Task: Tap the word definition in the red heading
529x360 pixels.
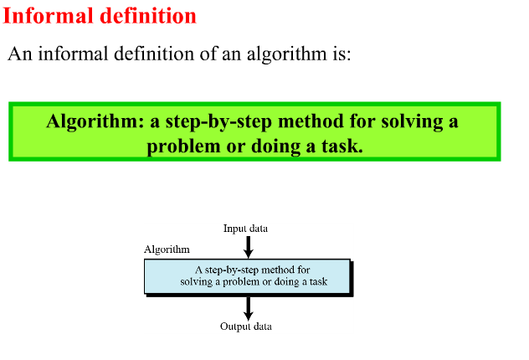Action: point(148,16)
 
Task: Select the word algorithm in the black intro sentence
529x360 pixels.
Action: point(287,54)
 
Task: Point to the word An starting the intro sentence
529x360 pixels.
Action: point(20,54)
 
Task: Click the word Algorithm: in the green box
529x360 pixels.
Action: point(95,121)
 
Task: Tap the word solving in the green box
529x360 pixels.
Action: point(413,121)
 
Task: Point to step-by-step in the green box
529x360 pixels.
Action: point(218,121)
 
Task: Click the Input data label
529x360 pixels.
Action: point(245,229)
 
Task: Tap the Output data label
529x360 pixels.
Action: point(246,327)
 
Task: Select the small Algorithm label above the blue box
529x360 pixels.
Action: point(167,249)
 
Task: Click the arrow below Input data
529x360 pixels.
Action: point(249,247)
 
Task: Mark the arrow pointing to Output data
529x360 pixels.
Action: point(249,309)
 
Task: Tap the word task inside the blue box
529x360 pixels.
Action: point(318,281)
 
